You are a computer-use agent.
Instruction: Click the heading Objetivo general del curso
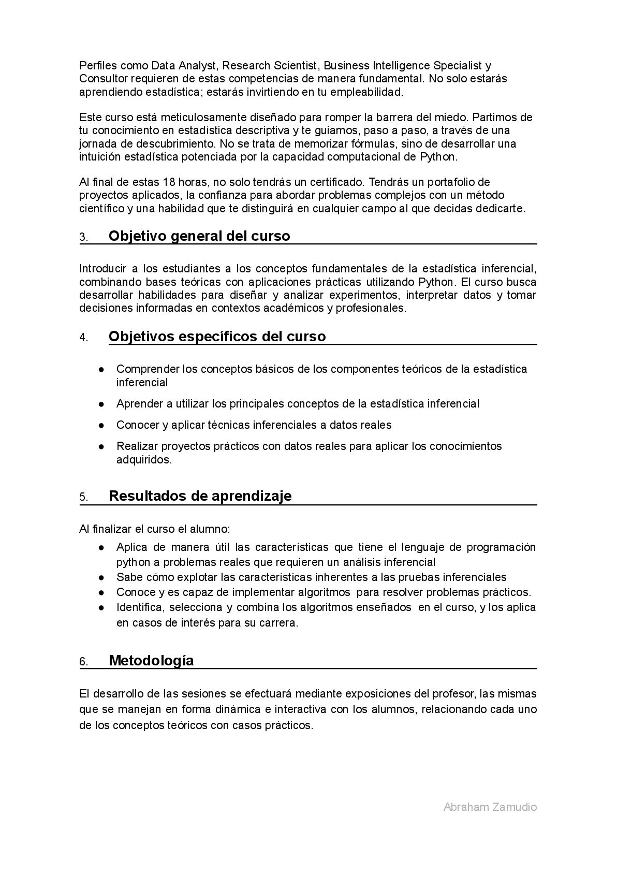pyautogui.click(x=199, y=236)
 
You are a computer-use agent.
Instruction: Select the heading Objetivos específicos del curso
pyautogui.click(x=217, y=337)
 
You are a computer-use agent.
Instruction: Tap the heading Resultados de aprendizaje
pyautogui.click(x=200, y=496)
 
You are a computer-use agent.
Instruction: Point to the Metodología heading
pyautogui.click(x=151, y=661)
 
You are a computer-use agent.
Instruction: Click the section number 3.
pyautogui.click(x=84, y=238)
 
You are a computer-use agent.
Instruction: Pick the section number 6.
pyautogui.click(x=84, y=662)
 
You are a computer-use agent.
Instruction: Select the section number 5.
pyautogui.click(x=84, y=498)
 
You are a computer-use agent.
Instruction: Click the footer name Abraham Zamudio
pyautogui.click(x=490, y=807)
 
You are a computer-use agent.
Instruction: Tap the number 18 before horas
pyautogui.click(x=169, y=182)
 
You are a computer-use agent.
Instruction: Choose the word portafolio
pyautogui.click(x=464, y=182)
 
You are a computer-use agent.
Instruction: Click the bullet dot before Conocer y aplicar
pyautogui.click(x=102, y=426)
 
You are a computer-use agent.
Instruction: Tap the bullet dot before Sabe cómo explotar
pyautogui.click(x=102, y=577)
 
